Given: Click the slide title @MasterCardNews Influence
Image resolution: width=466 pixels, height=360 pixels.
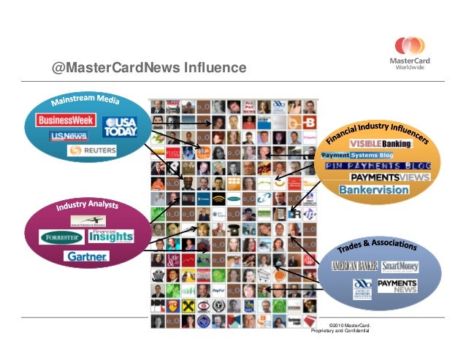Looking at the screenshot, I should coord(150,69).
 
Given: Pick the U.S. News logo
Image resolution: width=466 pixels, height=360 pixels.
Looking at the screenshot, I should coord(69,136).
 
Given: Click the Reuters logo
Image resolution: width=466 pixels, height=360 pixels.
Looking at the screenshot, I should coord(86,150).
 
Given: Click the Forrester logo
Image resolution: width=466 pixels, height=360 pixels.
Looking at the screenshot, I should coord(61,237).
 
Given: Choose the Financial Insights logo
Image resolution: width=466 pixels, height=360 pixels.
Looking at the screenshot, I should coord(111,235).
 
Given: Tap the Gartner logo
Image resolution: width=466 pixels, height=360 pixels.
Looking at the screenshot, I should coord(87,256).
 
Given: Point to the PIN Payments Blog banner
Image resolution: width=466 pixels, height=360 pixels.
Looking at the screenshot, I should coord(378,166).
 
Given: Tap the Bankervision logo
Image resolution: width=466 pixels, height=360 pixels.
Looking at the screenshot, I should coord(374,190).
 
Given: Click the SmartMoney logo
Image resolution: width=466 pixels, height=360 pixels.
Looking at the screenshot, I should coord(400,267).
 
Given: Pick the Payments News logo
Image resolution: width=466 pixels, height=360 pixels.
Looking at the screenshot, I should coord(397,286).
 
